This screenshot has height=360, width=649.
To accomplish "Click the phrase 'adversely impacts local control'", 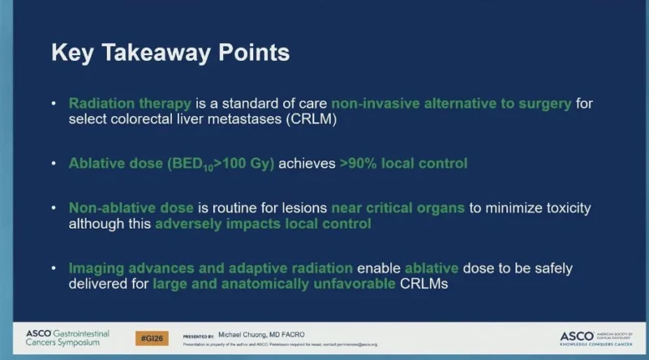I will pos(264,224).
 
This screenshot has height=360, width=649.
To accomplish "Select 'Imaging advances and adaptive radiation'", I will pos(210,268).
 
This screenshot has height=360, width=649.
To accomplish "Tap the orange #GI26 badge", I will pos(152,337).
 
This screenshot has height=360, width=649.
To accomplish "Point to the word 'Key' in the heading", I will pos(72,53).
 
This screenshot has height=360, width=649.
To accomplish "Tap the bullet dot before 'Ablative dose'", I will pos(54,164).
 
